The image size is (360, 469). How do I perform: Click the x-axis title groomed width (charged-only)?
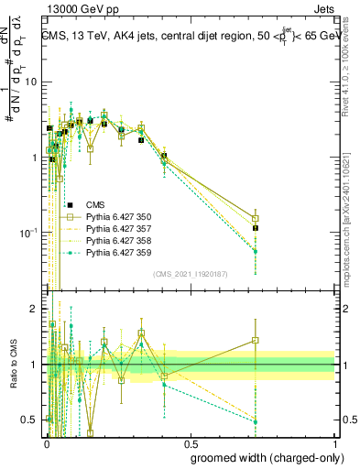pyautogui.click(x=267, y=457)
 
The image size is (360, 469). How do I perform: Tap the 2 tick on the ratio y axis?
pyautogui.click(x=38, y=309)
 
